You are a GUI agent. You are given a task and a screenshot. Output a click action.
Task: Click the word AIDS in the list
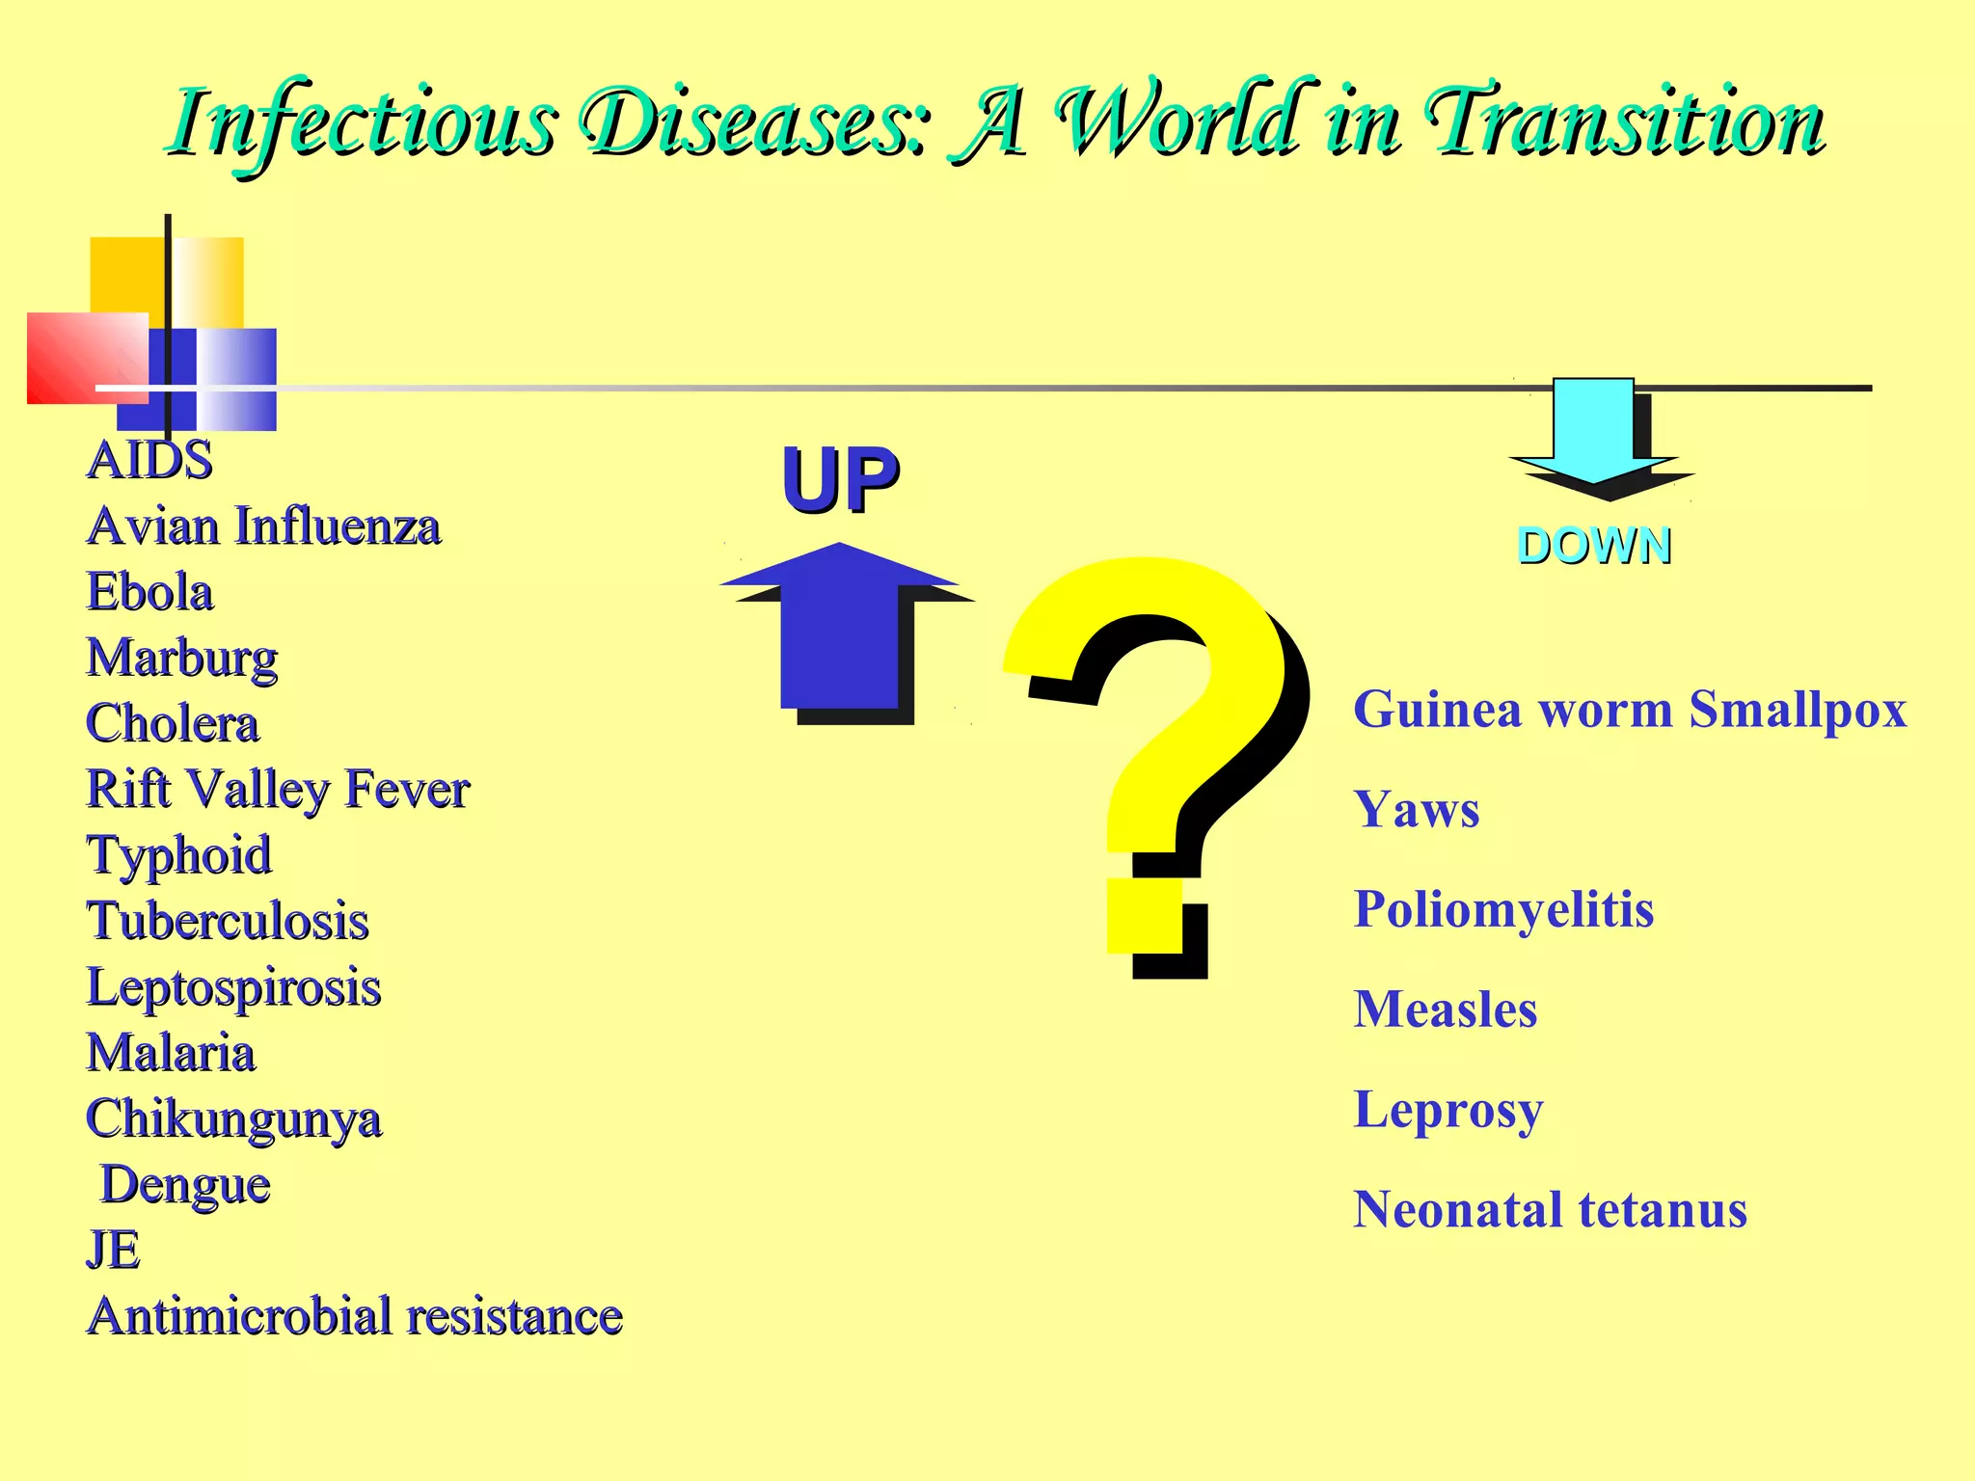149,460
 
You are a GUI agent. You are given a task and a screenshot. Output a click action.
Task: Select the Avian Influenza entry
263,526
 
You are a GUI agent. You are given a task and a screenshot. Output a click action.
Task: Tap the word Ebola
149,592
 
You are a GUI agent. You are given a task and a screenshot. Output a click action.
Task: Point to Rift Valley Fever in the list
278,790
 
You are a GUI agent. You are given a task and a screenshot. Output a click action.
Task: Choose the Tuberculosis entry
228,921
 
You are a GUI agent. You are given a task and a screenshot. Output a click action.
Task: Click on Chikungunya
233,1119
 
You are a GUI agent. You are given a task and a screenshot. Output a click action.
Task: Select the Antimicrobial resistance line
354,1317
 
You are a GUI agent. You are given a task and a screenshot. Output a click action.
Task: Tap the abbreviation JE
113,1251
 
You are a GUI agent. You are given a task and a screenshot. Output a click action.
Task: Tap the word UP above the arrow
840,479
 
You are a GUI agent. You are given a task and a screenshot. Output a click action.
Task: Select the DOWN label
1593,546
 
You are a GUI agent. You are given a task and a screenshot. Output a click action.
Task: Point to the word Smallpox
1798,711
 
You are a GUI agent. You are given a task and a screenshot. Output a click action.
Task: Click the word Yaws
1416,810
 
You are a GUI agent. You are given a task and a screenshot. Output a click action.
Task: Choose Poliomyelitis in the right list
1503,909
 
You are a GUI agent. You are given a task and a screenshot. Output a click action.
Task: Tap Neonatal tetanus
1550,1210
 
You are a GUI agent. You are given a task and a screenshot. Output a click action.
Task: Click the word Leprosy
1447,1110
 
